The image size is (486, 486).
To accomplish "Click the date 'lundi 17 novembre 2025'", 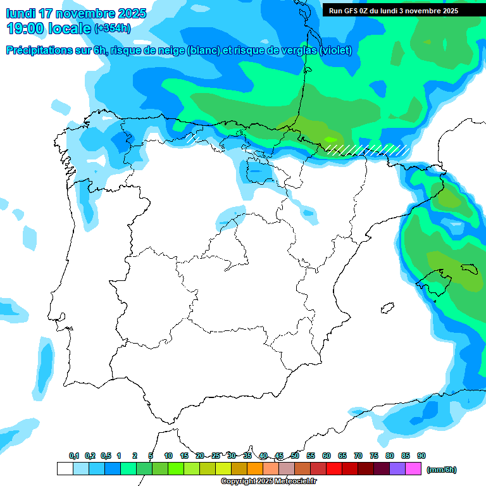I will click(x=76, y=13).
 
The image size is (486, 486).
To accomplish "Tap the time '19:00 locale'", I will click(x=48, y=28).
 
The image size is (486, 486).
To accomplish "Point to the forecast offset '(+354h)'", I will click(x=112, y=28).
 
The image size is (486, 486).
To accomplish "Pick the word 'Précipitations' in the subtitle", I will click(x=39, y=51).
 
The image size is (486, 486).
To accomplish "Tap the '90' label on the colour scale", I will click(x=421, y=456).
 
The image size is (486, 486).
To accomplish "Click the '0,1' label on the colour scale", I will click(x=73, y=456).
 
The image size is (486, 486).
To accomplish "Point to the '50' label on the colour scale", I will click(x=295, y=456).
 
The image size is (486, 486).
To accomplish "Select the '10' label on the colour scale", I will click(x=168, y=456).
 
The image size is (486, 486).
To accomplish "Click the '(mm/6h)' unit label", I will click(x=441, y=470).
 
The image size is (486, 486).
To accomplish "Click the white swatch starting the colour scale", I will click(x=65, y=469).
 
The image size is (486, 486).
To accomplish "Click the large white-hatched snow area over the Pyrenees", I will click(x=367, y=149).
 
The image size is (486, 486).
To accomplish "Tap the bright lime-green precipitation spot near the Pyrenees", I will click(x=330, y=139).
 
